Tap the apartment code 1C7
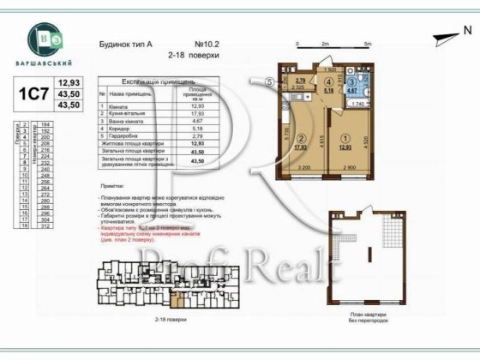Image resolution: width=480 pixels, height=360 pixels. tap(29, 91)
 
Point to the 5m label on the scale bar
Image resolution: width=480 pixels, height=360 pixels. tap(366, 43)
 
